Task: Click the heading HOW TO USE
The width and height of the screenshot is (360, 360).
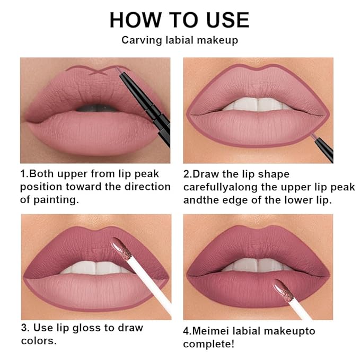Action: [179, 20]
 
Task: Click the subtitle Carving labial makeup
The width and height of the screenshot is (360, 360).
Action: [179, 40]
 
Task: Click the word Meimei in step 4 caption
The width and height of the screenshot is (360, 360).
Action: [216, 331]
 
